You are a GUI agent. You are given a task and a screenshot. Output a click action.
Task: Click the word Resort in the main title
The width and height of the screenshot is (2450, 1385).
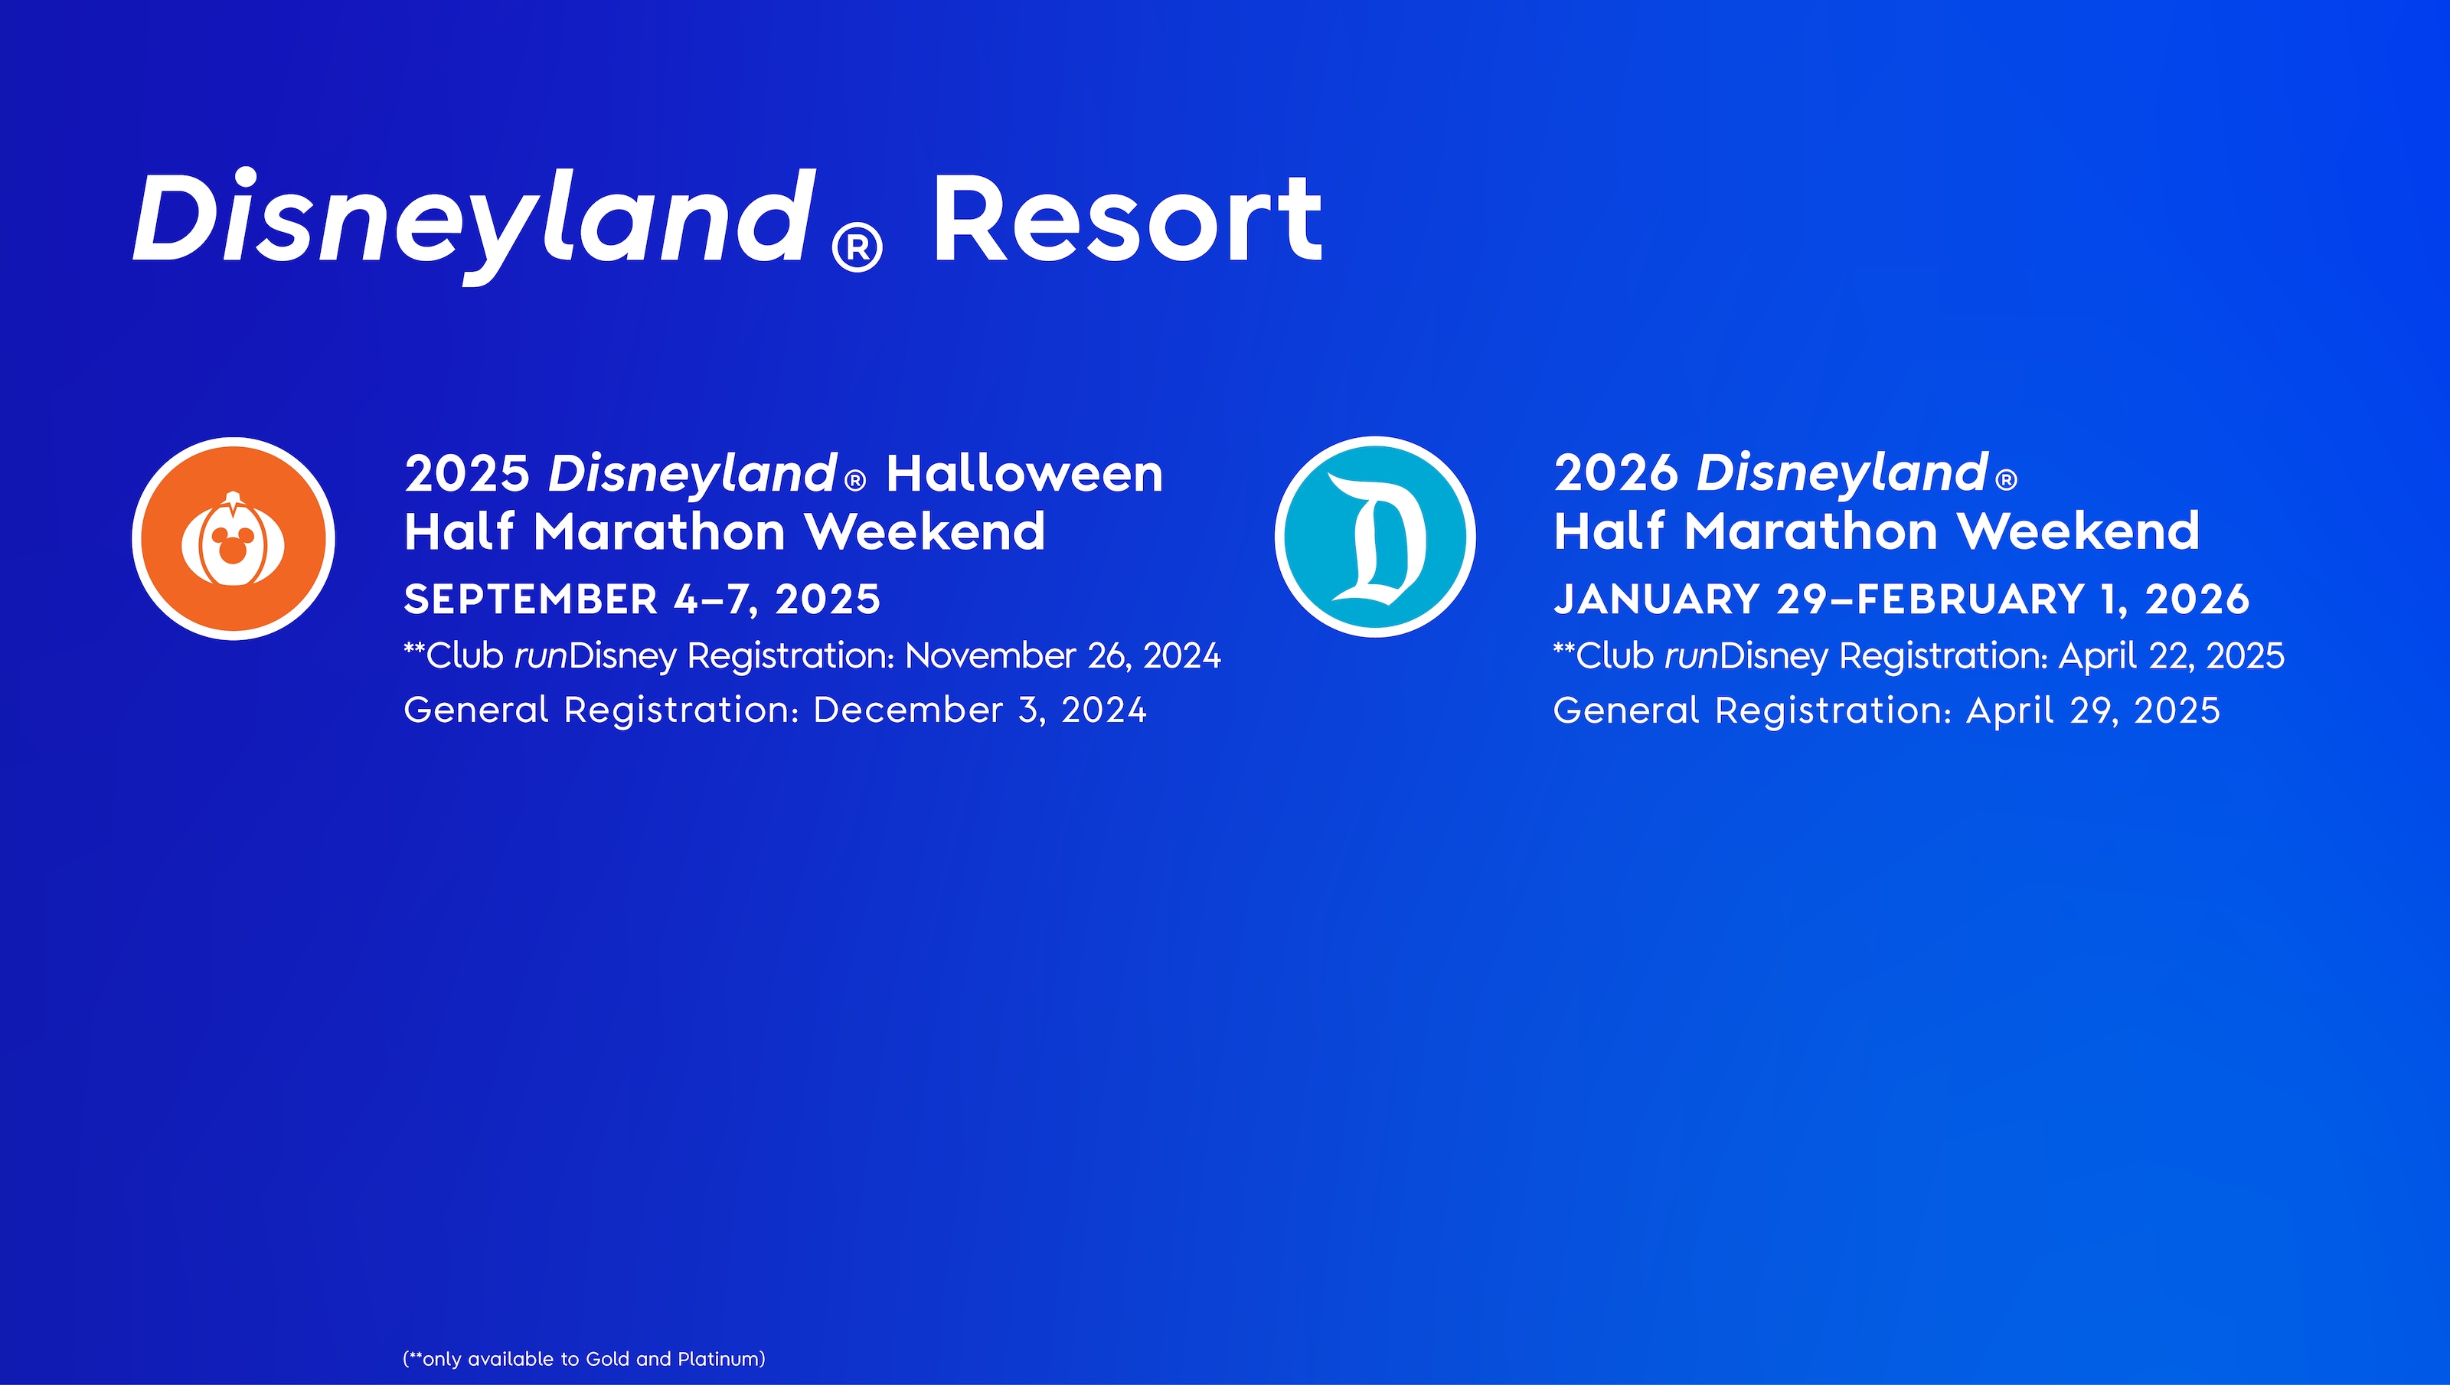(1127, 220)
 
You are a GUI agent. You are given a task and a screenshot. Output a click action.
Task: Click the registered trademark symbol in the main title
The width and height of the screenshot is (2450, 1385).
(857, 248)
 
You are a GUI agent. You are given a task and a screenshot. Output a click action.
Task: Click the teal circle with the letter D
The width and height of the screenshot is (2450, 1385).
(1375, 537)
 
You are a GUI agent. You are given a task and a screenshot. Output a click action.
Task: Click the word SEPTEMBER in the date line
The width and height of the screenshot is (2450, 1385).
(531, 599)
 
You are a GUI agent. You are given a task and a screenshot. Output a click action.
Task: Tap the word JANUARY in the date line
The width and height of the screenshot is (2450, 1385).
(1656, 599)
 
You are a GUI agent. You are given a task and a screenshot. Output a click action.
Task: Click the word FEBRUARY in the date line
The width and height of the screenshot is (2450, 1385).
(1971, 599)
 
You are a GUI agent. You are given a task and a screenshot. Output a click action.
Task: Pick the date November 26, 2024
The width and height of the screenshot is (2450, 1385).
(1063, 655)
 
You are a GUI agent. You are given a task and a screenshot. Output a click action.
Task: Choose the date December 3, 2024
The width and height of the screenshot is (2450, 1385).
(980, 710)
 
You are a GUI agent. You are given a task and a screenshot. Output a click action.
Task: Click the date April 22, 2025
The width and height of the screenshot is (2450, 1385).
(2171, 655)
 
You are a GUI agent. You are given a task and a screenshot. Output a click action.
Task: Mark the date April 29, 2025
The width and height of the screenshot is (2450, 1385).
(2092, 710)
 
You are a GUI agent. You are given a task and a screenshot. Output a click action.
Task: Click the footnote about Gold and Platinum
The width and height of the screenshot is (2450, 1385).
(584, 1358)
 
